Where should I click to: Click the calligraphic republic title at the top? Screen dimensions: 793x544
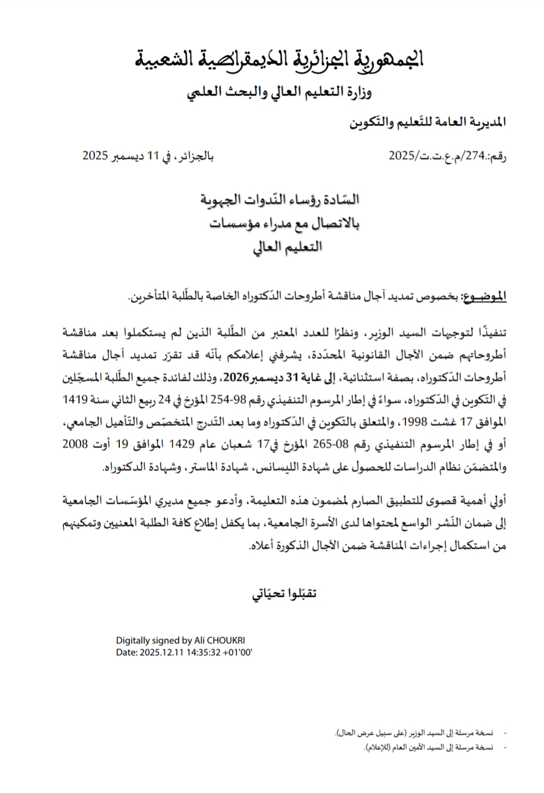[x=279, y=61]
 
